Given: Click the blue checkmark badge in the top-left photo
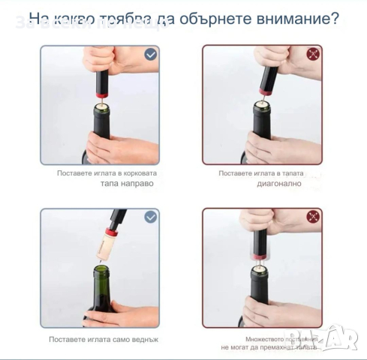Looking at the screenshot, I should [151, 54].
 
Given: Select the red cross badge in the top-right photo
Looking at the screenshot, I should [313, 54].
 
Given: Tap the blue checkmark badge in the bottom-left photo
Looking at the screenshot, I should [151, 217].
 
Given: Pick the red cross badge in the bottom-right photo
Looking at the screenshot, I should [313, 217].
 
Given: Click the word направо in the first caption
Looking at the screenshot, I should [126, 183].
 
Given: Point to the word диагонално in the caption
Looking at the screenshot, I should [278, 183].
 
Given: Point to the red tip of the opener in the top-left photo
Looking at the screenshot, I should [99, 97].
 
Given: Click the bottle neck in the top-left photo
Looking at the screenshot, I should [101, 124].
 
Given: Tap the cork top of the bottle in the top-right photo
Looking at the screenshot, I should [263, 104].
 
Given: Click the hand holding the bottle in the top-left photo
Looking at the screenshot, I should [120, 147].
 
